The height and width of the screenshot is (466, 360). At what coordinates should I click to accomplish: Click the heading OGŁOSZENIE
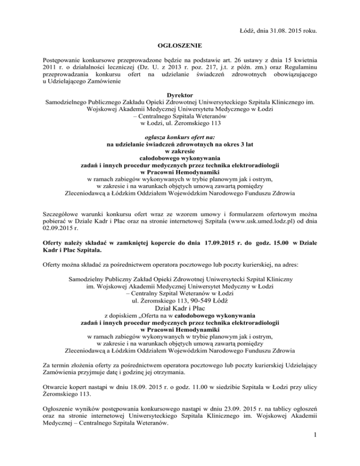click(x=180, y=46)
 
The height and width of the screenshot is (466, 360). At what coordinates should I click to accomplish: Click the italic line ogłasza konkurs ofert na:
click(x=180, y=137)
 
